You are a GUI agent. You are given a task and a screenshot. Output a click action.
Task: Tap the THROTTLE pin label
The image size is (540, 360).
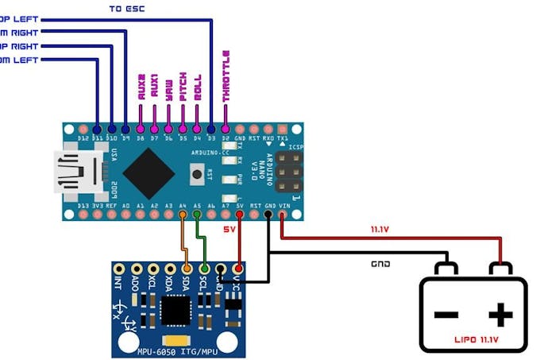click(226, 75)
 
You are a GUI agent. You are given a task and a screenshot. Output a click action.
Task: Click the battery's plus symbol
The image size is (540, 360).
click(499, 315)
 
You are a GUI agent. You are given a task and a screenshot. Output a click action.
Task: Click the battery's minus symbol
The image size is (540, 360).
click(445, 315)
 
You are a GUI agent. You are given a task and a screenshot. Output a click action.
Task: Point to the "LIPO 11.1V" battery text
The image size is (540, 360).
click(474, 339)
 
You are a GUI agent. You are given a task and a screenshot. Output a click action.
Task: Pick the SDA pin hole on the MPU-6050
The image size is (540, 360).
click(185, 270)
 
